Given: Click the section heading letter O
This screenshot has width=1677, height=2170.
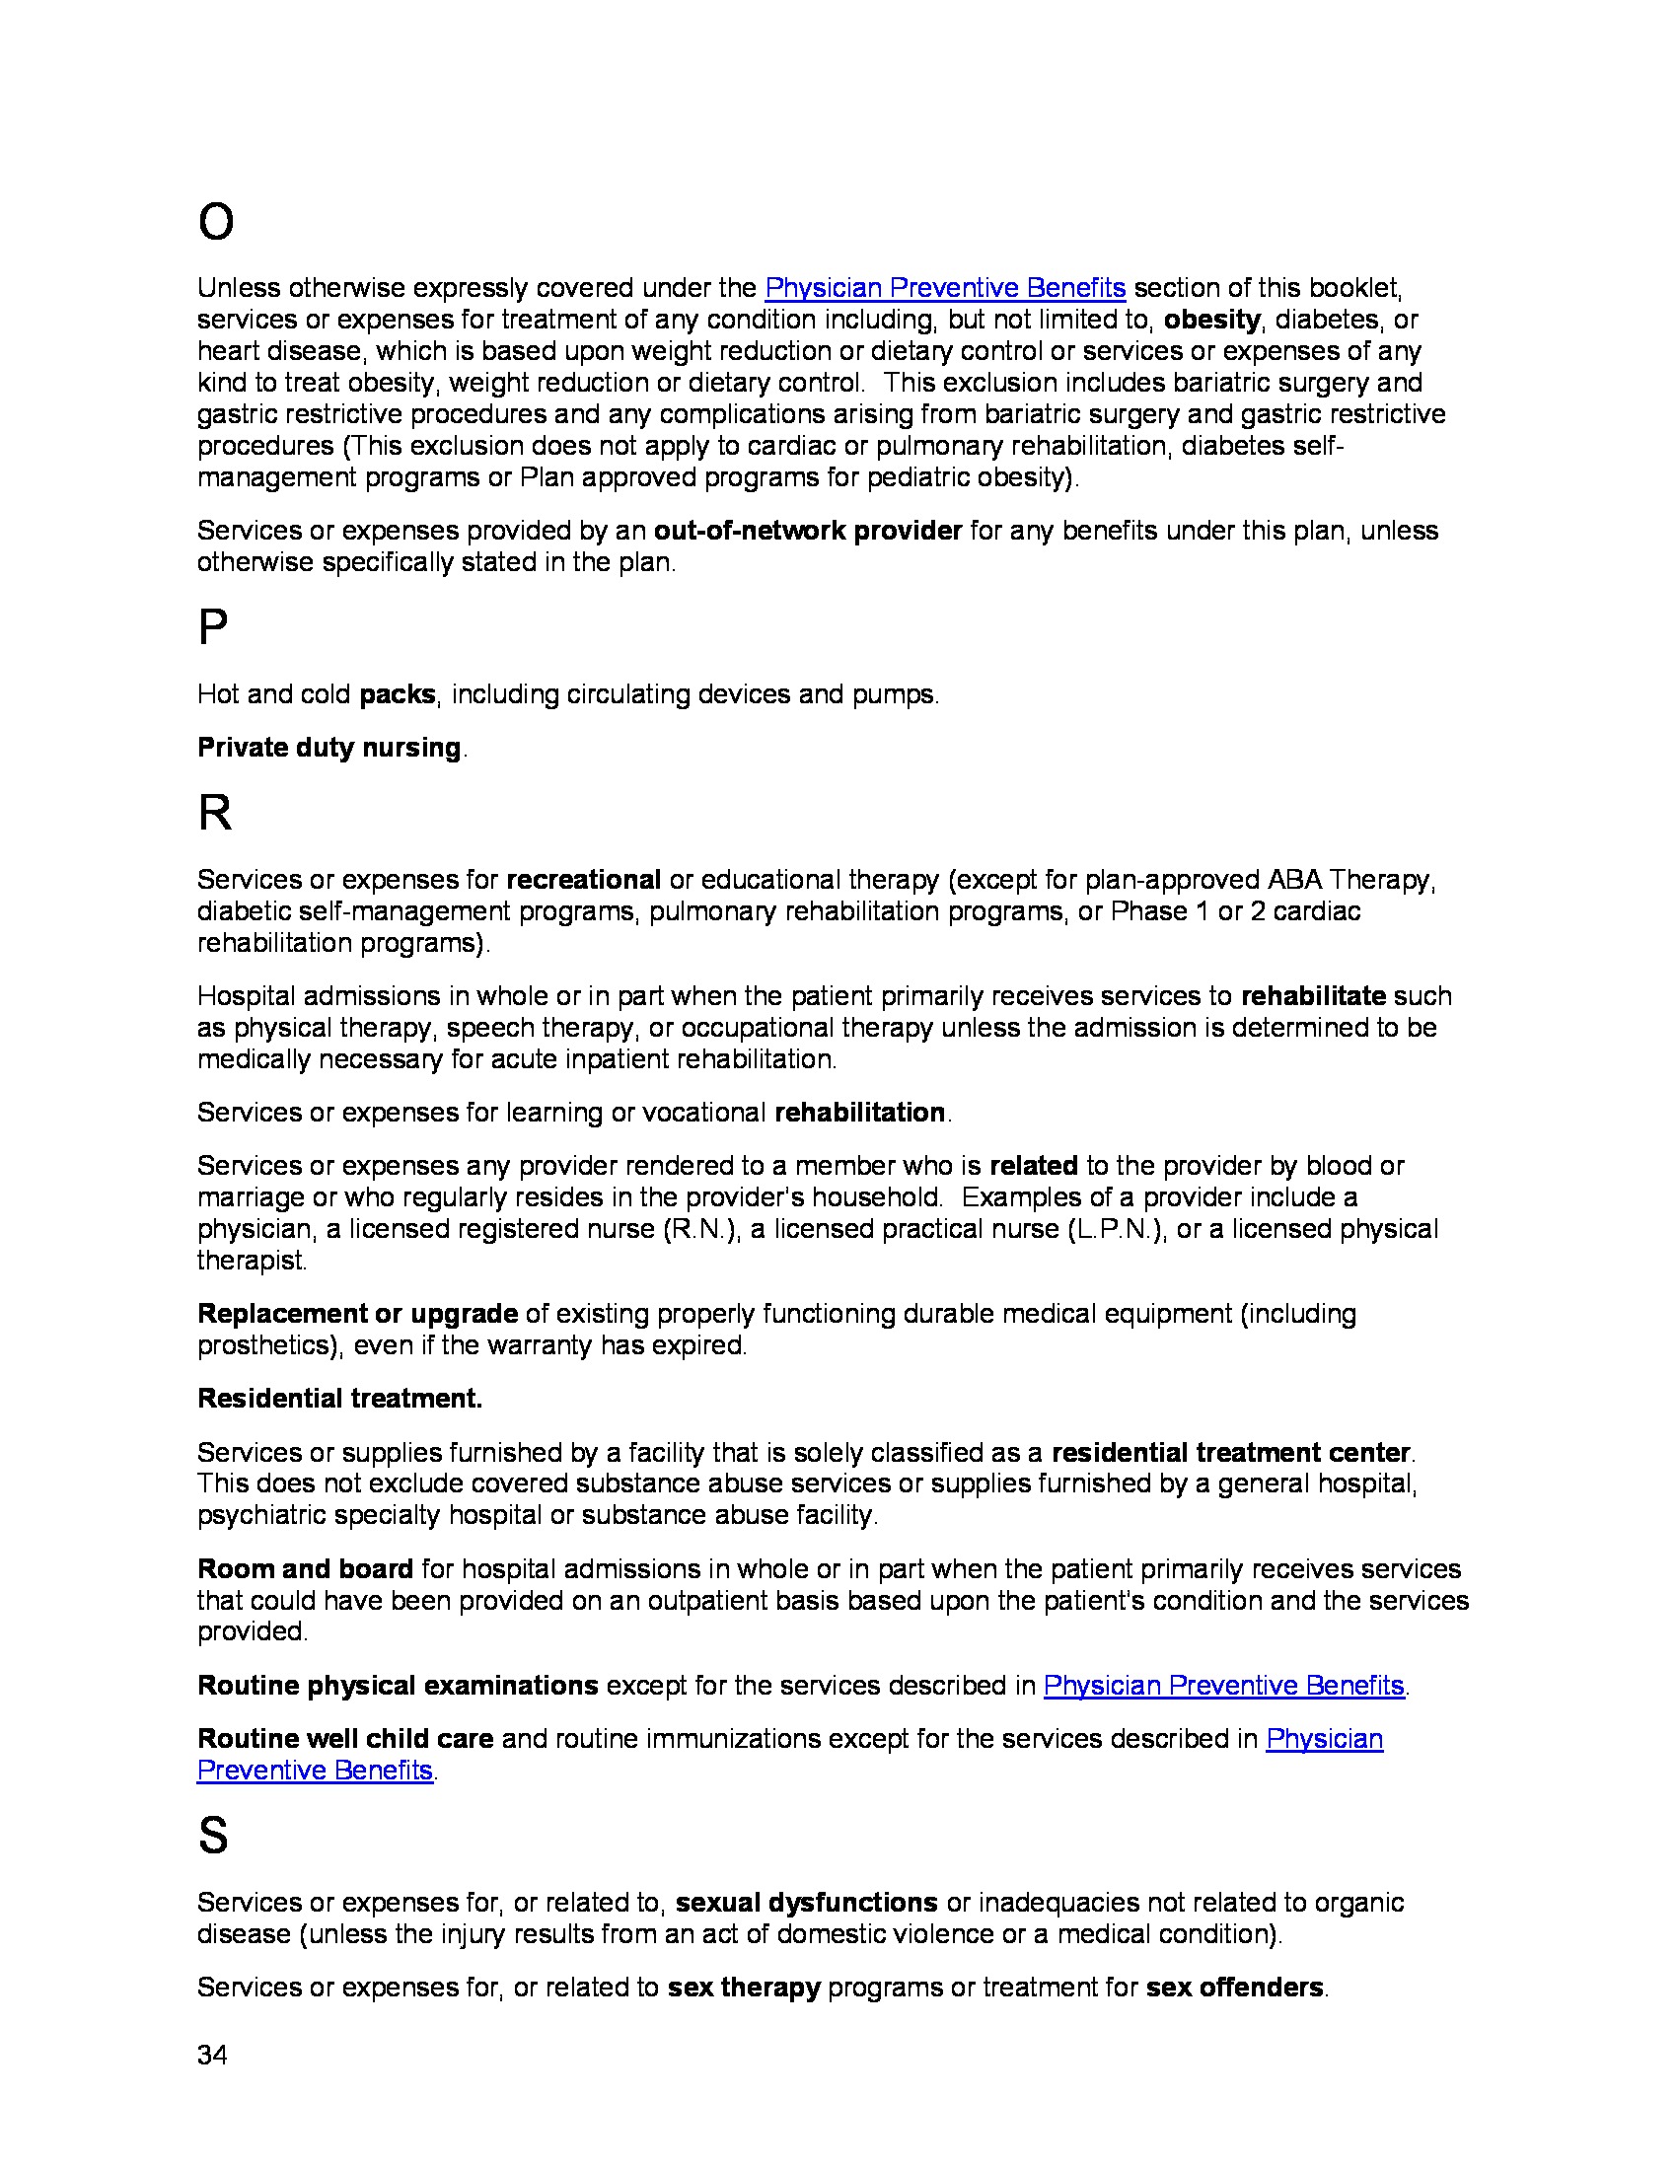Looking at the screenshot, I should point(216,222).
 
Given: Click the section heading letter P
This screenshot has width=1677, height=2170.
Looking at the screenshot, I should point(213,628).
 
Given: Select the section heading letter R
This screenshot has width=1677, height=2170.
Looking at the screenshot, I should point(215,814).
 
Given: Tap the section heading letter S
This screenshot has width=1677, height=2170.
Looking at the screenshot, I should point(213,1836).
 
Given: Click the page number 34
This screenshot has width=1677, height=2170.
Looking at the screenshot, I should point(213,2055).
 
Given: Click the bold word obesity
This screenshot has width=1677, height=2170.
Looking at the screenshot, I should point(1211,320).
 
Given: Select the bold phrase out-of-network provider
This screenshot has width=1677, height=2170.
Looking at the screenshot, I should point(807,531).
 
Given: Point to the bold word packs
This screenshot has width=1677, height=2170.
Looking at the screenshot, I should point(398,694).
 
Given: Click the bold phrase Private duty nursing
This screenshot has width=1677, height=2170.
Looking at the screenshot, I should point(328,748).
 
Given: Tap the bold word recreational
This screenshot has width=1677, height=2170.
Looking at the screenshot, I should point(583,880).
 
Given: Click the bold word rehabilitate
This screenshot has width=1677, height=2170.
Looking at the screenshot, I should point(1312,996).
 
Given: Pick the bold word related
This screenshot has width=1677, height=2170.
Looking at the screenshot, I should point(1033,1166).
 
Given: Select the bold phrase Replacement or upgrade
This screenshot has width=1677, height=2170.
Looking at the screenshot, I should point(358,1314).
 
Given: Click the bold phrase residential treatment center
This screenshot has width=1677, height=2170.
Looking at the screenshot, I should point(1231,1453).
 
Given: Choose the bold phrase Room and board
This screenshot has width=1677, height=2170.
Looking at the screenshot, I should point(305,1569).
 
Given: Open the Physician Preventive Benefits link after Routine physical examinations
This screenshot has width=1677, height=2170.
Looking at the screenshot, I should point(1223,1685).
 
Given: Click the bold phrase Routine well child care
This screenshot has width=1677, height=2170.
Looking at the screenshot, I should point(344,1739).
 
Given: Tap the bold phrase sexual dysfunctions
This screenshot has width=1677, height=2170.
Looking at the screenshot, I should point(806,1903).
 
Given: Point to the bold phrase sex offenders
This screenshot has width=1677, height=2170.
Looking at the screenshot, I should point(1234,1988).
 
